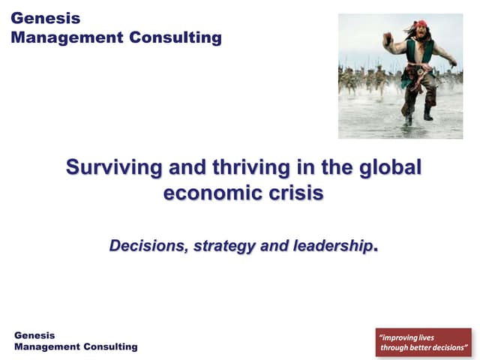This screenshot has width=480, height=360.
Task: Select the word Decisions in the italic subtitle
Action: [147, 245]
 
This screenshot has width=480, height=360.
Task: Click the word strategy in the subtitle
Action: [223, 245]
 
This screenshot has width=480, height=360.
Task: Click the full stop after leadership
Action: [375, 247]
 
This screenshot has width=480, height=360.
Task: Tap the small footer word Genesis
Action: [34, 335]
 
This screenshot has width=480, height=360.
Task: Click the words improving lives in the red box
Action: [408, 337]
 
